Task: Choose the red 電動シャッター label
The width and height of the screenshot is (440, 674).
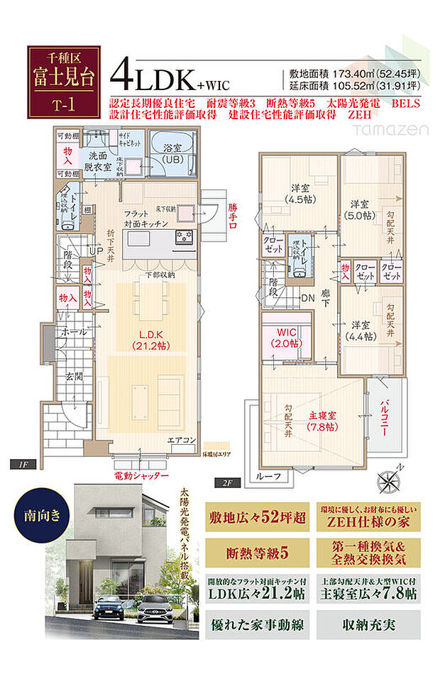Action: click(141, 475)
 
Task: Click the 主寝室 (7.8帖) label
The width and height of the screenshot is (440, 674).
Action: click(323, 421)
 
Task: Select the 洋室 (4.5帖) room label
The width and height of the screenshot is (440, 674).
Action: click(298, 193)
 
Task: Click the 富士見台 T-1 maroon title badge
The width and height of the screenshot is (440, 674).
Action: click(63, 80)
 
